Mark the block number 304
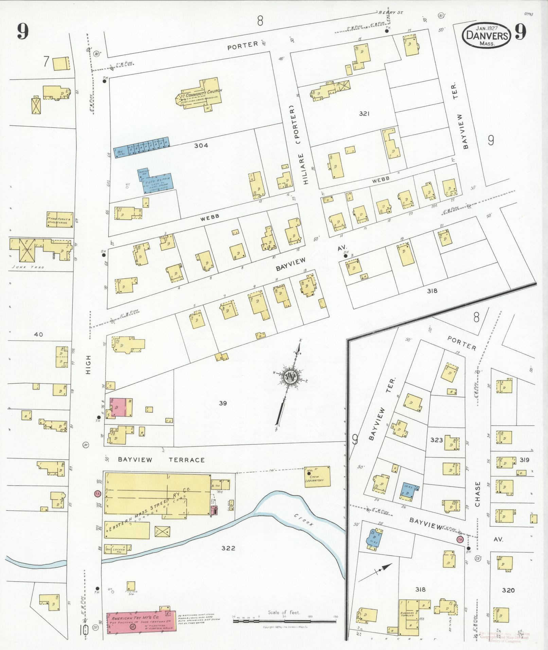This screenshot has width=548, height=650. click(201, 145)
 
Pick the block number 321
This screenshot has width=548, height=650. click(364, 113)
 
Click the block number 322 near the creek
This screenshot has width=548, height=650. click(228, 548)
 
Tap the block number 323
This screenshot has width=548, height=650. click(436, 440)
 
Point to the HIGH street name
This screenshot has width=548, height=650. click(89, 365)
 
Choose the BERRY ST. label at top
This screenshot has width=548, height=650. click(390, 12)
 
